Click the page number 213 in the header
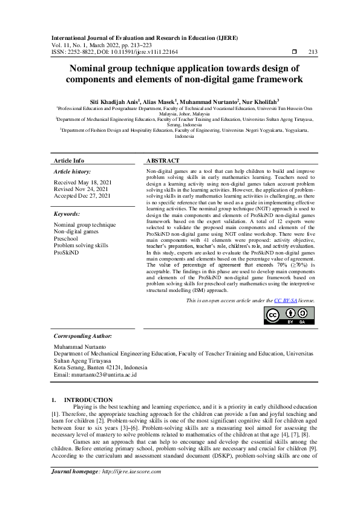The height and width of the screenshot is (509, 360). coord(313,52)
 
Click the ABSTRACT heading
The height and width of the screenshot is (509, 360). coord(163,161)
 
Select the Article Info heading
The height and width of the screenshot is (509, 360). coord(69,161)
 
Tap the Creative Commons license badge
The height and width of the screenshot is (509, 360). coord(290,315)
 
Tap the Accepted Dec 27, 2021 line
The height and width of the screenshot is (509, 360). coord(82,196)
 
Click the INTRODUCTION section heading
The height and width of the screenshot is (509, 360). coord(88,400)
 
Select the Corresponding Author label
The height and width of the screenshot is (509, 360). coord(83,336)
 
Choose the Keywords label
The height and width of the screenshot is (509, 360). coord(67,214)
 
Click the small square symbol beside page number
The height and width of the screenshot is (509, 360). coord(294,52)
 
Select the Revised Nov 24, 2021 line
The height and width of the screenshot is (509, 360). coord(81,189)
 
